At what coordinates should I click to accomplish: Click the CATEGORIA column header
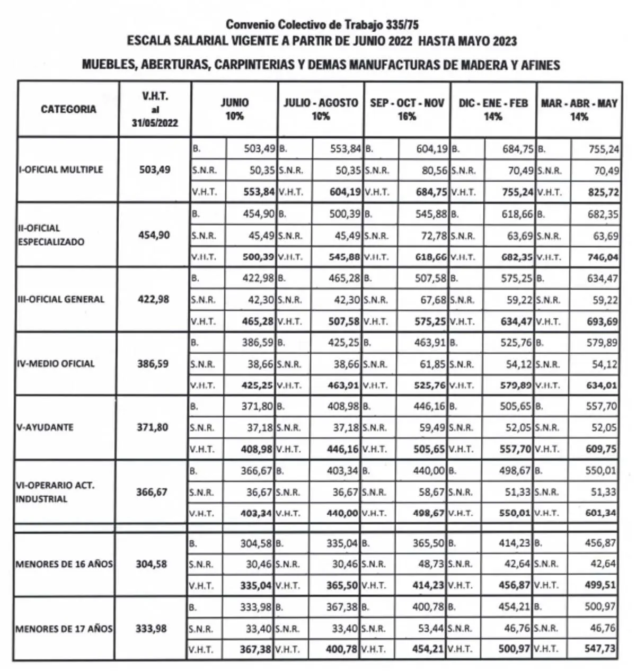coord(68,109)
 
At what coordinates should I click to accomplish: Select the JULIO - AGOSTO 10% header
coord(321,109)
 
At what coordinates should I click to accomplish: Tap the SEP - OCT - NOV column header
coord(407,109)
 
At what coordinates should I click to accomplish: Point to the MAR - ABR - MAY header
coord(579,109)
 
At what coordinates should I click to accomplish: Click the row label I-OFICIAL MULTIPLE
coord(61,169)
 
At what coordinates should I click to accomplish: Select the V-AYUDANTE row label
coord(46,427)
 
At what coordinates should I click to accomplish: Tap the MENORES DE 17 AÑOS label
coord(64,629)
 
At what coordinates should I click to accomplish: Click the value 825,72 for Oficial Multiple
coord(603,192)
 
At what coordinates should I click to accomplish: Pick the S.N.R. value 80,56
coord(432,171)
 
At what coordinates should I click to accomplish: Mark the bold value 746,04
coord(602,257)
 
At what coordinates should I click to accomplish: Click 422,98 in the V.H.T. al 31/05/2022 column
coord(154,299)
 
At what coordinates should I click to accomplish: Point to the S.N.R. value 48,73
coord(431,564)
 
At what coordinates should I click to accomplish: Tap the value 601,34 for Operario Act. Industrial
coord(601,513)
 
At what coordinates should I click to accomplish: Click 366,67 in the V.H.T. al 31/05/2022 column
coord(152,492)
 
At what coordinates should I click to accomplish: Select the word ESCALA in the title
coord(144,41)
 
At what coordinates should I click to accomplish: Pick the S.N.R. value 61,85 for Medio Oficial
coord(431,364)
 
